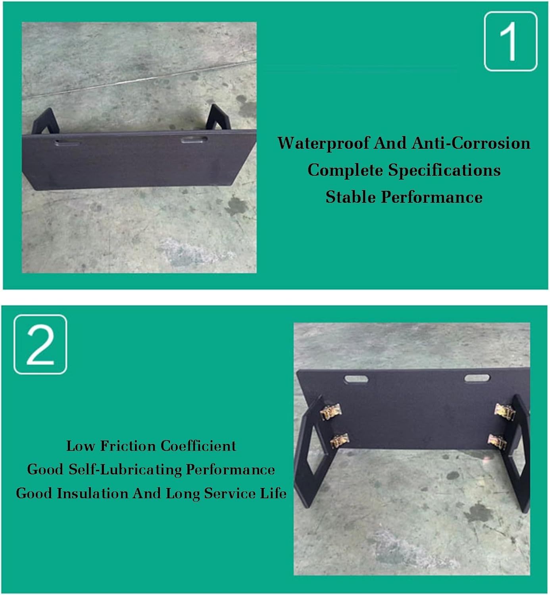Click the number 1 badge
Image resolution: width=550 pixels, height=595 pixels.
[510, 41]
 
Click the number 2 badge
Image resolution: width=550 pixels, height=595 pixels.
[40, 344]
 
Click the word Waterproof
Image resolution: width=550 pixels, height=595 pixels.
[323, 143]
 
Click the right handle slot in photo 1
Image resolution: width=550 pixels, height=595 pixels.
[194, 140]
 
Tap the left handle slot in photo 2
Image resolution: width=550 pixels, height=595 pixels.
[356, 379]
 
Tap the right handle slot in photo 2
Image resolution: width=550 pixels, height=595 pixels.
[477, 378]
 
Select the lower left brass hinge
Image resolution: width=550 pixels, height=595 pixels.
[339, 440]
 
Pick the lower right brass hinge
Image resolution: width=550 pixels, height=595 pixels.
[496, 440]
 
